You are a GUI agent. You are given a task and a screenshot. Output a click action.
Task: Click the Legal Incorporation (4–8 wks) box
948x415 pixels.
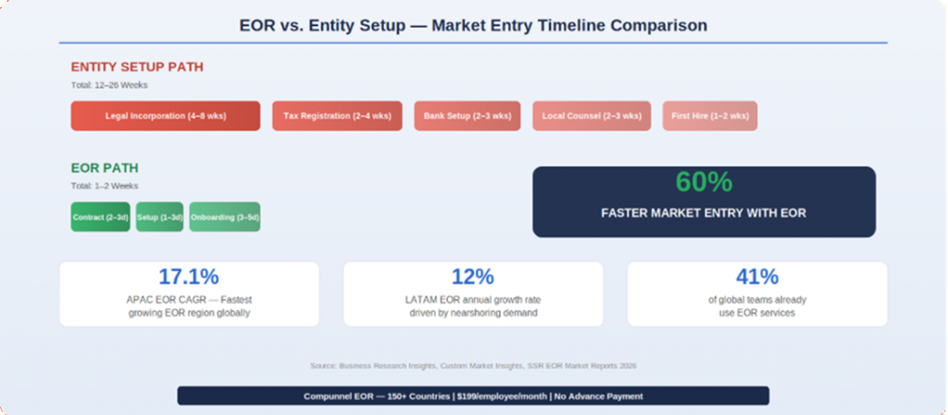coord(165,116)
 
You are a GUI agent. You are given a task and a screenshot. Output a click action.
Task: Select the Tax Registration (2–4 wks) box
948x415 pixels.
coord(337,116)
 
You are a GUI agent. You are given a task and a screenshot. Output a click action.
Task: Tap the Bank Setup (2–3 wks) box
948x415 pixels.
coord(467,116)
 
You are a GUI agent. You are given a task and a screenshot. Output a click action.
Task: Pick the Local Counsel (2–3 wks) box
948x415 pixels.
coord(591,116)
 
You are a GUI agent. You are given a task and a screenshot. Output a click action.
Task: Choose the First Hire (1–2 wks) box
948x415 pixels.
coord(709,116)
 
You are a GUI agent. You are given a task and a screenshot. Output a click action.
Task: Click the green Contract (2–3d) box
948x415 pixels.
coord(101,217)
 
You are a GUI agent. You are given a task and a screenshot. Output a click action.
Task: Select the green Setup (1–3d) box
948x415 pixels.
coord(159,217)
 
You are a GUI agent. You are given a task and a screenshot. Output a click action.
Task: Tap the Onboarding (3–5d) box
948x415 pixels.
coord(224,217)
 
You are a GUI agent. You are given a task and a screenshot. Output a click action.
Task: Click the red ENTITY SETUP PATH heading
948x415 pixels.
coord(137,67)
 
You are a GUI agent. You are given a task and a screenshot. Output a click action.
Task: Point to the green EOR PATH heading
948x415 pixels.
coord(105,169)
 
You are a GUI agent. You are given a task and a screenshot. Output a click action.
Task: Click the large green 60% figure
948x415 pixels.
coord(703,182)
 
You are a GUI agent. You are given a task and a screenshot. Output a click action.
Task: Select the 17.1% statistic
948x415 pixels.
coord(189,276)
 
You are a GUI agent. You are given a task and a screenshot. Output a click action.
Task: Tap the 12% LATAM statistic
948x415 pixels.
coord(472,276)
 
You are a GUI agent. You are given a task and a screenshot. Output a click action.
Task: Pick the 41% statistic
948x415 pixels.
coord(756,276)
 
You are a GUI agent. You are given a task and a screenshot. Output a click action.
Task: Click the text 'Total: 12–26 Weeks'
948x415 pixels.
coord(109,85)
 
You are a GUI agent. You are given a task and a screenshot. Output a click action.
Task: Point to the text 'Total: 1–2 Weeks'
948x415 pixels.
coord(105,186)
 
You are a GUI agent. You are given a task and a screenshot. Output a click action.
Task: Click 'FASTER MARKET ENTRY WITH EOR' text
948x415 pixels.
coord(703,213)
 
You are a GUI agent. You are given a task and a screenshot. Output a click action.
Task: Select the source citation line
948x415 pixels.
coord(473,366)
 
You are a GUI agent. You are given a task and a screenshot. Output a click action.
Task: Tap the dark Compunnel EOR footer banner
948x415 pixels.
coord(473,396)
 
